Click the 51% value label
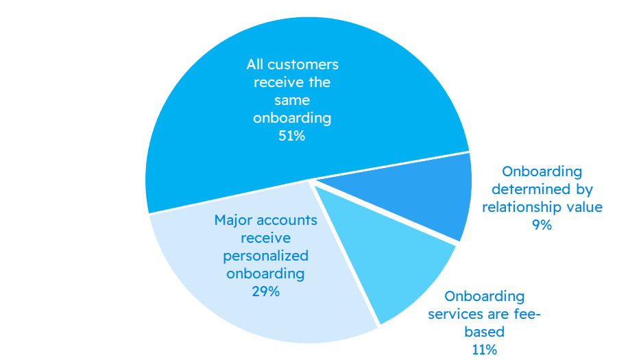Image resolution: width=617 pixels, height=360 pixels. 292,136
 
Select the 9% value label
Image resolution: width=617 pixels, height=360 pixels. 542,224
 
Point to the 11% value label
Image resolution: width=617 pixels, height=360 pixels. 484,349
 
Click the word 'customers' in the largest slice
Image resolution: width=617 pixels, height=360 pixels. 303,65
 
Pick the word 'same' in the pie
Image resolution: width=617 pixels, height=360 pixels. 292,100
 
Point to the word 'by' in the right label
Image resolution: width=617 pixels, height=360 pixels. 584,189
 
